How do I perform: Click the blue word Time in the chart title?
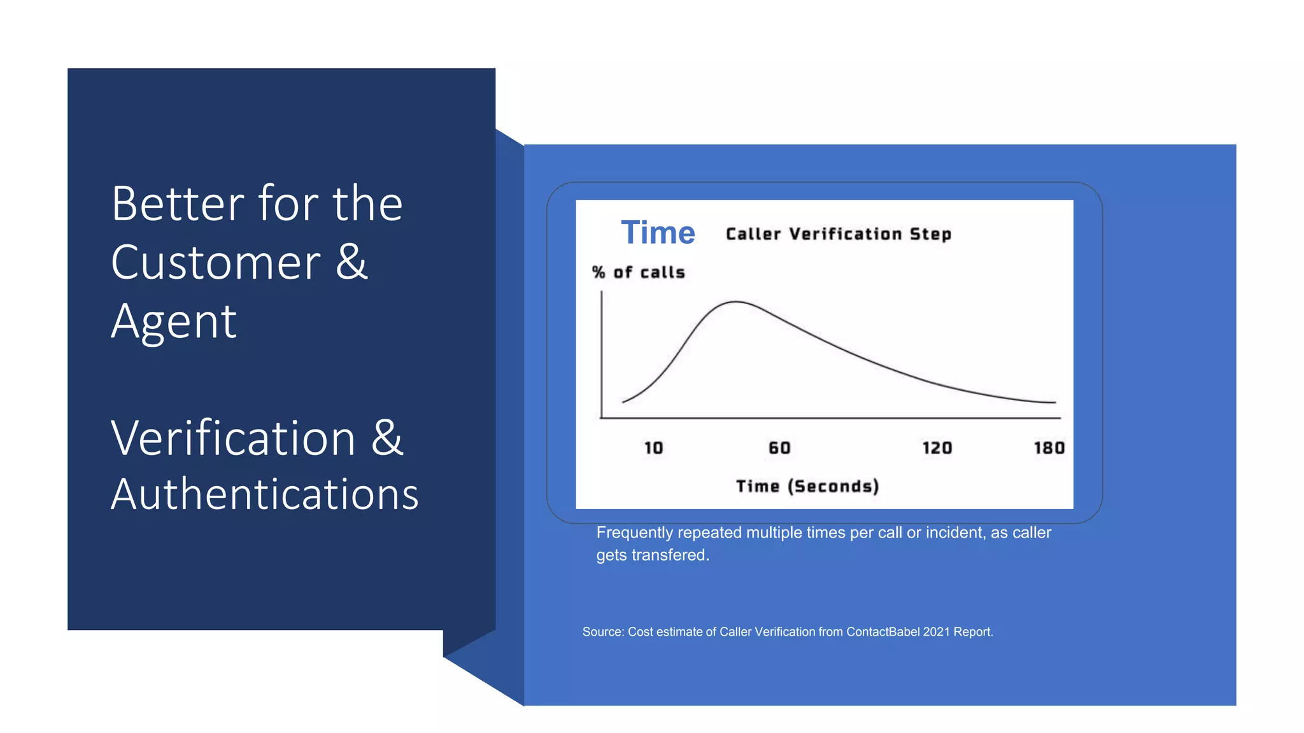point(658,232)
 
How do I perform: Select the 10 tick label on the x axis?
point(653,448)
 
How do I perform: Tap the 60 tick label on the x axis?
point(779,448)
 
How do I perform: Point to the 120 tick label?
point(937,448)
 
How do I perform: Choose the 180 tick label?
point(1049,448)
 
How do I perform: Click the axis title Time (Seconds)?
point(807,486)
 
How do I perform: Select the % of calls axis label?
point(639,272)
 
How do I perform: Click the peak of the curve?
point(735,302)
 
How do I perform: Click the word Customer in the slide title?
point(216,262)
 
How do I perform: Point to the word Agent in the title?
point(174,321)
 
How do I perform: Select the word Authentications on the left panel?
point(265,494)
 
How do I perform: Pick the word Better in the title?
point(177,204)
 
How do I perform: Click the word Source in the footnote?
point(602,632)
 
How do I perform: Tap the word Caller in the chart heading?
point(753,234)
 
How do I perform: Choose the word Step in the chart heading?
point(930,234)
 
